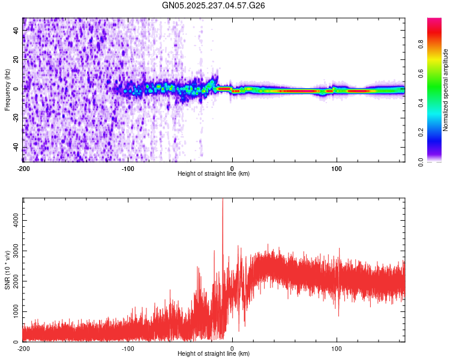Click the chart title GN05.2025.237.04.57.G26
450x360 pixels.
click(x=214, y=5)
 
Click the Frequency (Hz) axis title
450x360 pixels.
click(x=8, y=89)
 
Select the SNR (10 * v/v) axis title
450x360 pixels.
click(x=8, y=270)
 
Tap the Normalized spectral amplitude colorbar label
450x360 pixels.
click(x=446, y=90)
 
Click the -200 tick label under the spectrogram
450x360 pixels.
click(x=23, y=169)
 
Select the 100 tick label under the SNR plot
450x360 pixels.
click(x=337, y=349)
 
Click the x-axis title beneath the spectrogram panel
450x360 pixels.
click(x=214, y=174)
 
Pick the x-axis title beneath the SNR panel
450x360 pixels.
click(x=214, y=354)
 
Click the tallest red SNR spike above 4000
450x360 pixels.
click(x=223, y=202)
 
